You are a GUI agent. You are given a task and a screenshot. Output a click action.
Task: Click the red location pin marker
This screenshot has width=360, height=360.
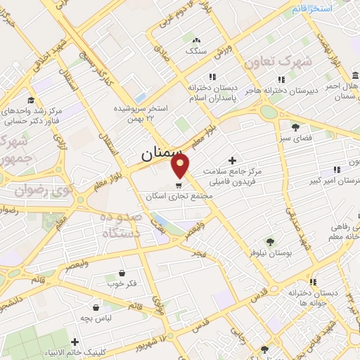tap(181, 166)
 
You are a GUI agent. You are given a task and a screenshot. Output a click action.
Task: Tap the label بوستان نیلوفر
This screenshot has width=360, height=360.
tap(271, 251)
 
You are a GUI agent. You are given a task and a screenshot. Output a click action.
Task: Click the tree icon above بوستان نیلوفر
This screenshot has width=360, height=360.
tap(271, 240)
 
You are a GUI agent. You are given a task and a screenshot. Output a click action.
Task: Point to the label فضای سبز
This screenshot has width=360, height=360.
tap(296, 139)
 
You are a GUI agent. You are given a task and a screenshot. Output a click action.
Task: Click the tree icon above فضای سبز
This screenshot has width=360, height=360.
tap(296, 127)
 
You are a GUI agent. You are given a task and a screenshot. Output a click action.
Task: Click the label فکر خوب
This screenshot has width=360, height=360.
tap(122, 285)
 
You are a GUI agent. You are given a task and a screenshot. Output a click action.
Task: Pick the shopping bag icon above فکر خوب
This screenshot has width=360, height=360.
tap(122, 273)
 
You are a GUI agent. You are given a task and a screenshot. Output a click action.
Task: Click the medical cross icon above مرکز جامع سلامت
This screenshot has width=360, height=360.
tap(233, 160)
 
